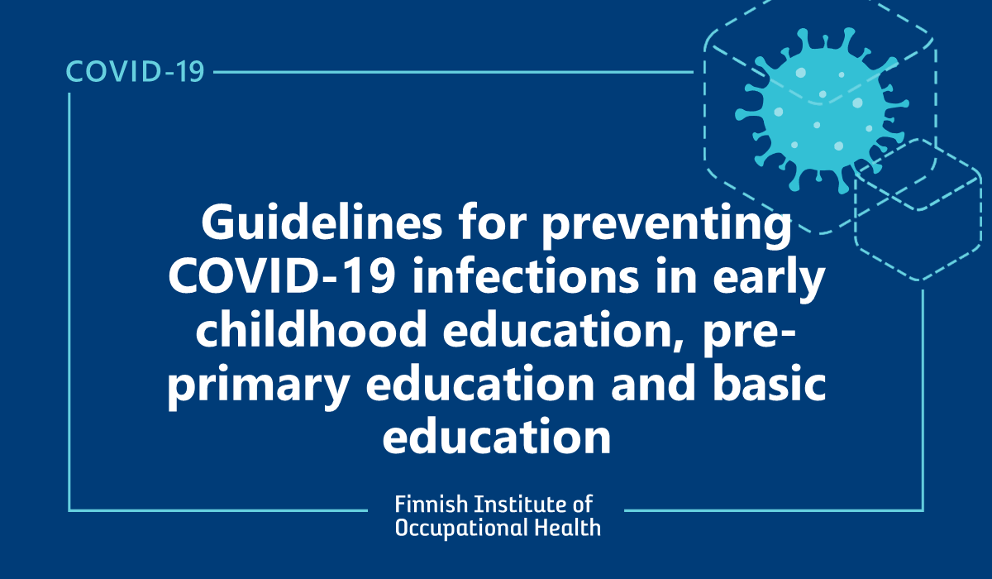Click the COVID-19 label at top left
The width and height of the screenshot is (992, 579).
coord(135,72)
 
